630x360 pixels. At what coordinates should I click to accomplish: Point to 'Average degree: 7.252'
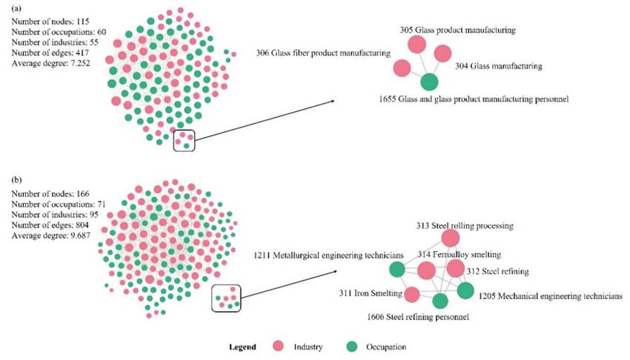49,63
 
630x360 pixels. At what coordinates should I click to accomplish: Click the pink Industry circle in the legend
279,346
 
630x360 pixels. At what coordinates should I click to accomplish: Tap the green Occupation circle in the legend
353,346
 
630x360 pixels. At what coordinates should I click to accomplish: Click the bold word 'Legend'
242,346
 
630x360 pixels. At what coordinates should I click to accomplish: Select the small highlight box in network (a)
183,140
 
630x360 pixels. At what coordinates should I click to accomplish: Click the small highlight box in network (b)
228,298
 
